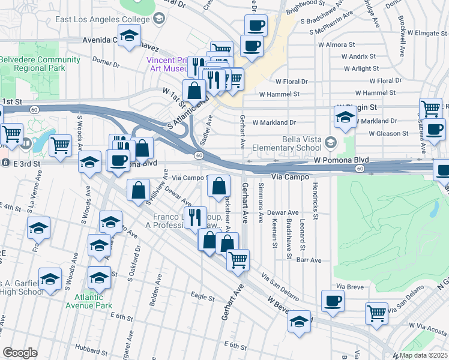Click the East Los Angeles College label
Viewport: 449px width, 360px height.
tap(102, 19)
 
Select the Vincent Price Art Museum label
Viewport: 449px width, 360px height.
tap(161, 64)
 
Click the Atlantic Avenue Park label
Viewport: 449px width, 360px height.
tap(94, 301)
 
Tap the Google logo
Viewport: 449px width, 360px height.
tap(20, 353)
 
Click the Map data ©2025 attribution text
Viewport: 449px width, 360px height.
tap(423, 355)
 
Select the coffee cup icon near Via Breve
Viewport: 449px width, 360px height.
tap(333, 301)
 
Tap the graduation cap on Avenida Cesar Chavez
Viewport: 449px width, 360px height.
tap(128, 37)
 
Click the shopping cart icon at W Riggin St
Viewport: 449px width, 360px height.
tap(430, 109)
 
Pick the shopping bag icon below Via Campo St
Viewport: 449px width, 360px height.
tap(219, 187)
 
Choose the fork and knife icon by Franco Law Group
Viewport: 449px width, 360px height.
tap(195, 217)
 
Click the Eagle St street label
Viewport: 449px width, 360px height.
tap(202, 296)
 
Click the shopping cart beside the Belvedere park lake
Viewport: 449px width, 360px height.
tap(60, 146)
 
